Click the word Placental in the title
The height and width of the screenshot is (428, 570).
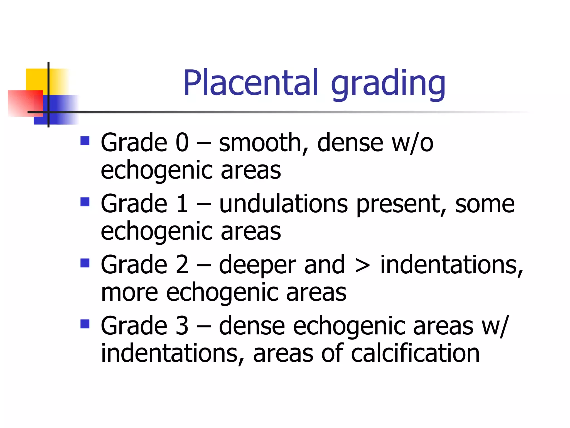click(250, 83)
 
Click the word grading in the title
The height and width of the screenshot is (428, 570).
click(388, 84)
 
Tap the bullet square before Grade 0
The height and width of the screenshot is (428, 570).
click(85, 141)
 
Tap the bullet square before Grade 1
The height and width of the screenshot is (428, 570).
click(85, 202)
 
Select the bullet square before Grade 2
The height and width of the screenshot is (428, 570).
click(85, 263)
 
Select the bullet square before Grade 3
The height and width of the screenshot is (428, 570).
click(85, 324)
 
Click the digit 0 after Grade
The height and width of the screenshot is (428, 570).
click(182, 143)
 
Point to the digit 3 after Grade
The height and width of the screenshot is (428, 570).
click(182, 326)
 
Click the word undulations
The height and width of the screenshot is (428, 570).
click(283, 204)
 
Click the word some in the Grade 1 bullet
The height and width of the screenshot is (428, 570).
click(485, 204)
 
